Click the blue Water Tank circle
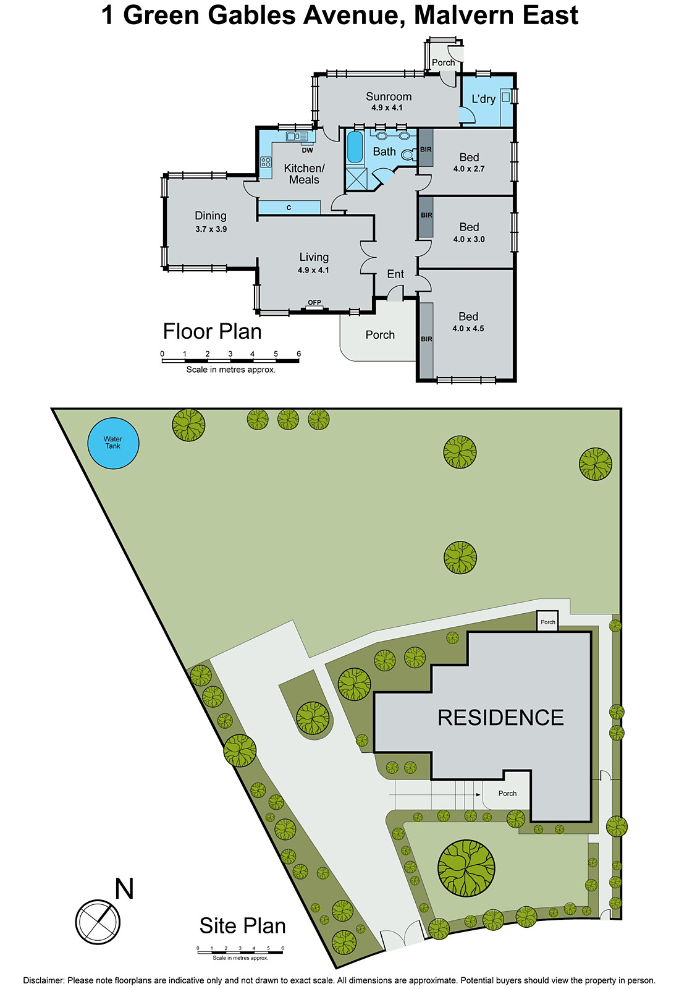pos(113,443)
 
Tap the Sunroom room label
pos(388,96)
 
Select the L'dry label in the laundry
pos(483,99)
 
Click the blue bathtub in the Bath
pos(355,146)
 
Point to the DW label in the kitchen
pos(307,150)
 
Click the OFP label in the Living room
pos(314,302)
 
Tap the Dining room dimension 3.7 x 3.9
pos(211,229)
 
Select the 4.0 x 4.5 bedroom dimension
pos(468,329)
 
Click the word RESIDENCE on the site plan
pos(500,718)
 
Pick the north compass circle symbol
pos(98,922)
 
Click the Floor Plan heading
pos(212,332)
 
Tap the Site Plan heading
pos(242,926)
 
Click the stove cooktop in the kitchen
pos(266,163)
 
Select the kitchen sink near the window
pos(297,136)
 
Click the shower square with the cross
pos(356,179)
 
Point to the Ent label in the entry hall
pos(395,274)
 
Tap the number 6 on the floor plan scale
pos(298,354)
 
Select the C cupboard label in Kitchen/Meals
pos(289,208)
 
